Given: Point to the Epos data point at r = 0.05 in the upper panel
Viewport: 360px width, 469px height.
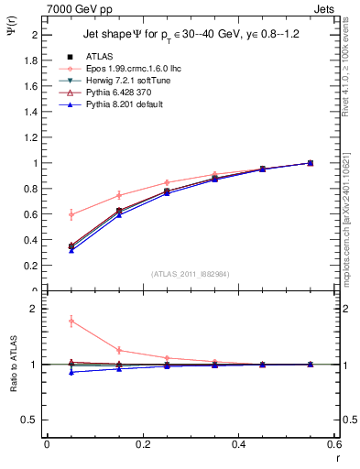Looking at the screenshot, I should tap(71, 214).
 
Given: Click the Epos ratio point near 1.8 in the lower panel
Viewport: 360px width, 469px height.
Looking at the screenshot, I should tap(71, 321).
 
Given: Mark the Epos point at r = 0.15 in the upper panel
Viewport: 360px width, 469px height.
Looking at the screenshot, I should tap(119, 195).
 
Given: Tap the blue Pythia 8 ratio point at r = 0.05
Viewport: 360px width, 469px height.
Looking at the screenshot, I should tap(71, 372).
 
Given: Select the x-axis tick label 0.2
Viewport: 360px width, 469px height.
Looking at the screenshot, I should tap(142, 443).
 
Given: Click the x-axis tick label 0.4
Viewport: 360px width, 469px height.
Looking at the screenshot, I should tap(238, 443).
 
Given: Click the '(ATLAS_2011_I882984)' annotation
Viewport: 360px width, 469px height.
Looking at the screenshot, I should tap(191, 274).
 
